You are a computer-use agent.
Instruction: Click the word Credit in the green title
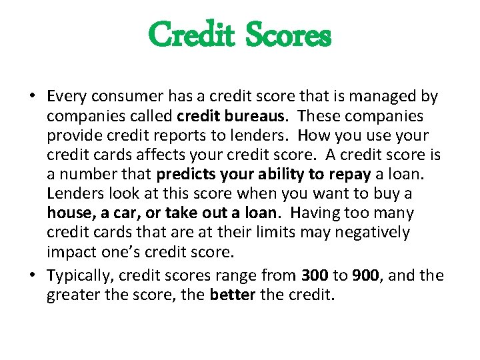pyautogui.click(x=191, y=34)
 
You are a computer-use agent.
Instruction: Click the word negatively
pyautogui.click(x=378, y=233)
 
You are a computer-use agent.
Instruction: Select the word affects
pyautogui.click(x=143, y=155)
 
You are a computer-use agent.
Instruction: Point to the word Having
pyautogui.click(x=313, y=213)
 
